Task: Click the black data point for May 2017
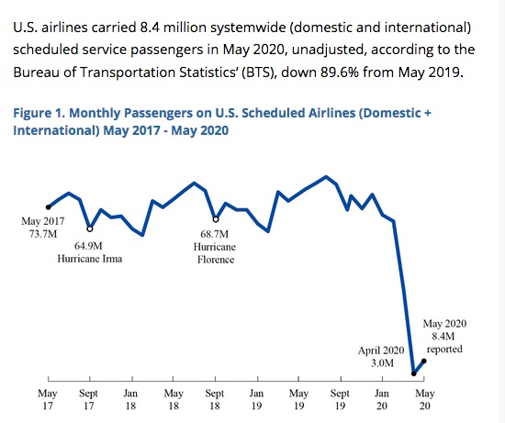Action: (49, 207)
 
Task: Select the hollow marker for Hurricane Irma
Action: (90, 228)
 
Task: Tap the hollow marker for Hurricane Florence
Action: (216, 219)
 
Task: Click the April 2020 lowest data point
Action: (414, 373)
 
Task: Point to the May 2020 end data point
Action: (424, 362)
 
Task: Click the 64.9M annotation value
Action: (88, 246)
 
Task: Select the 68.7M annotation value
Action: (215, 234)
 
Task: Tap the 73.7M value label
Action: (43, 234)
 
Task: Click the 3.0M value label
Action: (382, 363)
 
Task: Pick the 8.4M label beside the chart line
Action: (443, 337)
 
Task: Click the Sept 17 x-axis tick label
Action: (88, 399)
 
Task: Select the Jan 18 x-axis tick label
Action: (130, 399)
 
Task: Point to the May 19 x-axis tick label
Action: (299, 399)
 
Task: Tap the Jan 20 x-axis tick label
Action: (382, 399)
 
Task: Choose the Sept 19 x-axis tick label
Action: (340, 399)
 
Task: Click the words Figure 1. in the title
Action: (39, 113)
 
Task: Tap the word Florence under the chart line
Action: (216, 260)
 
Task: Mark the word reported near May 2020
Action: (444, 350)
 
